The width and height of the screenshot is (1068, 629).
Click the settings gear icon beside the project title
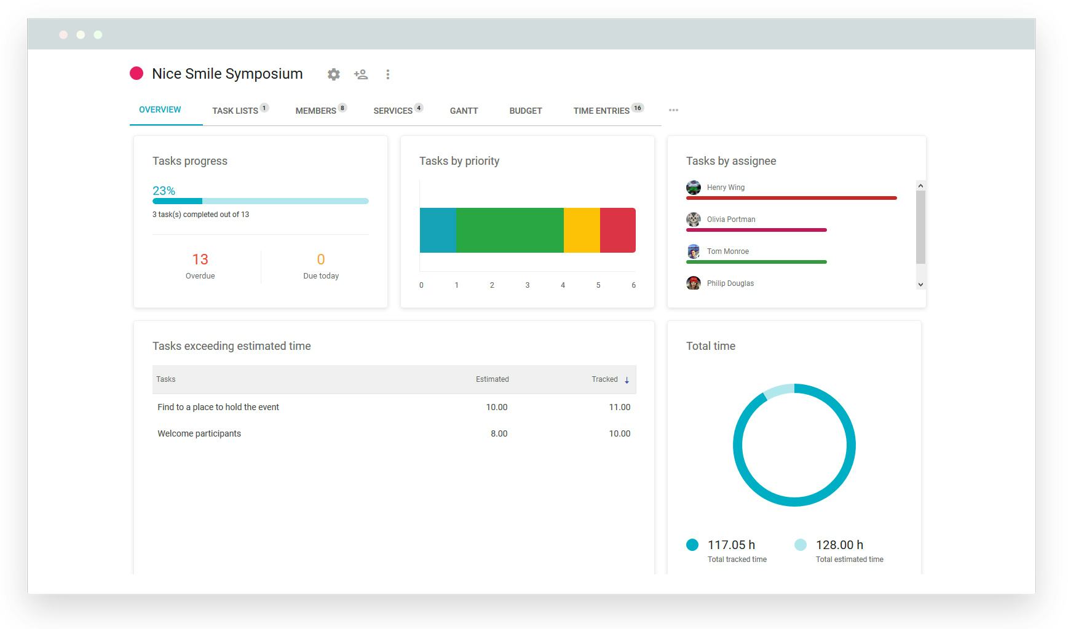[333, 74]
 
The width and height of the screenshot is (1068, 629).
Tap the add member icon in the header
[361, 74]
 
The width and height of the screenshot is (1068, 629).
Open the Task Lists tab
[235, 111]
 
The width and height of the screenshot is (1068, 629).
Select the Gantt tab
[464, 111]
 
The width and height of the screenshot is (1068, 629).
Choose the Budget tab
[526, 111]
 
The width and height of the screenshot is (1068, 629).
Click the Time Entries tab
[601, 111]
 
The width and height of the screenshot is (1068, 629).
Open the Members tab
[315, 111]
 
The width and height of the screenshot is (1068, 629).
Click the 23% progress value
[164, 191]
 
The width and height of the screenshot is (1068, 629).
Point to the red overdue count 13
[200, 259]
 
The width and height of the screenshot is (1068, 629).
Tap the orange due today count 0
[320, 259]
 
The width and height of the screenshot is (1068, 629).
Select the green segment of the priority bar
[510, 230]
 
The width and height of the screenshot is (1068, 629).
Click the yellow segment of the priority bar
[582, 230]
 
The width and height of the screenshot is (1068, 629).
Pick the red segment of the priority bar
[617, 230]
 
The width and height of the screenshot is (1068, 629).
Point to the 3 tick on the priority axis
[527, 285]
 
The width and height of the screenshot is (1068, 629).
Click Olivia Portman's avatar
[694, 220]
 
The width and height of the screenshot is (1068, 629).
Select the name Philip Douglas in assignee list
[730, 283]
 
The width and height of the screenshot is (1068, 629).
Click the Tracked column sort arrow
[627, 380]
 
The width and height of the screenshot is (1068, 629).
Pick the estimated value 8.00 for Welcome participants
[499, 433]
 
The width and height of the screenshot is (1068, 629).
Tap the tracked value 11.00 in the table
[619, 407]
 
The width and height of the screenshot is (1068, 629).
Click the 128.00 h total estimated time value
[839, 545]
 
